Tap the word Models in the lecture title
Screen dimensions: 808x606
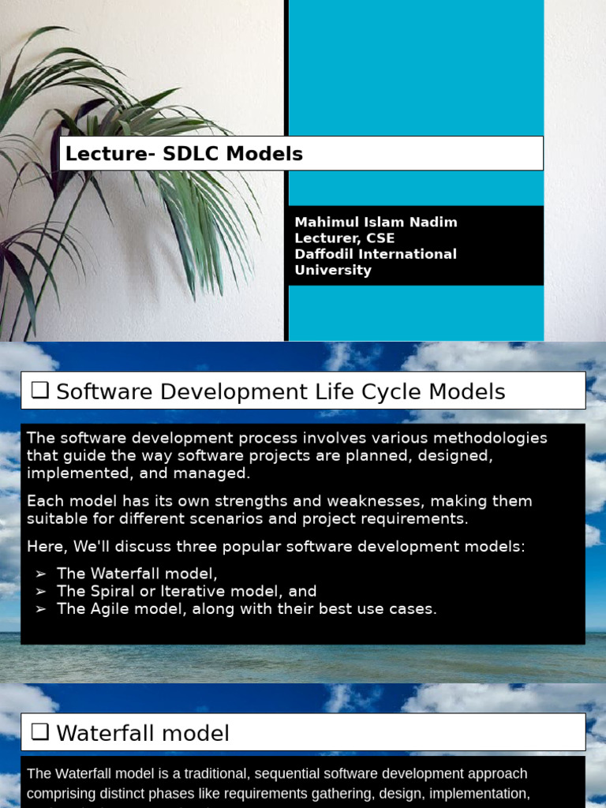click(x=264, y=154)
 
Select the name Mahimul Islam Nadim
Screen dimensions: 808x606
click(x=376, y=223)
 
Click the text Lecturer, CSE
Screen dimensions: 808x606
click(x=344, y=238)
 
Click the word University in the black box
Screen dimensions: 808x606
click(x=332, y=270)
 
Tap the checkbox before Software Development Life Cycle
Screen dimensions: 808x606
click(x=40, y=391)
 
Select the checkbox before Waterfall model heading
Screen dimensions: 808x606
click(x=40, y=733)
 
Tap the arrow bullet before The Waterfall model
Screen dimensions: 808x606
click(x=41, y=574)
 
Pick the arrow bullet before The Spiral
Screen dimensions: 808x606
click(x=41, y=592)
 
